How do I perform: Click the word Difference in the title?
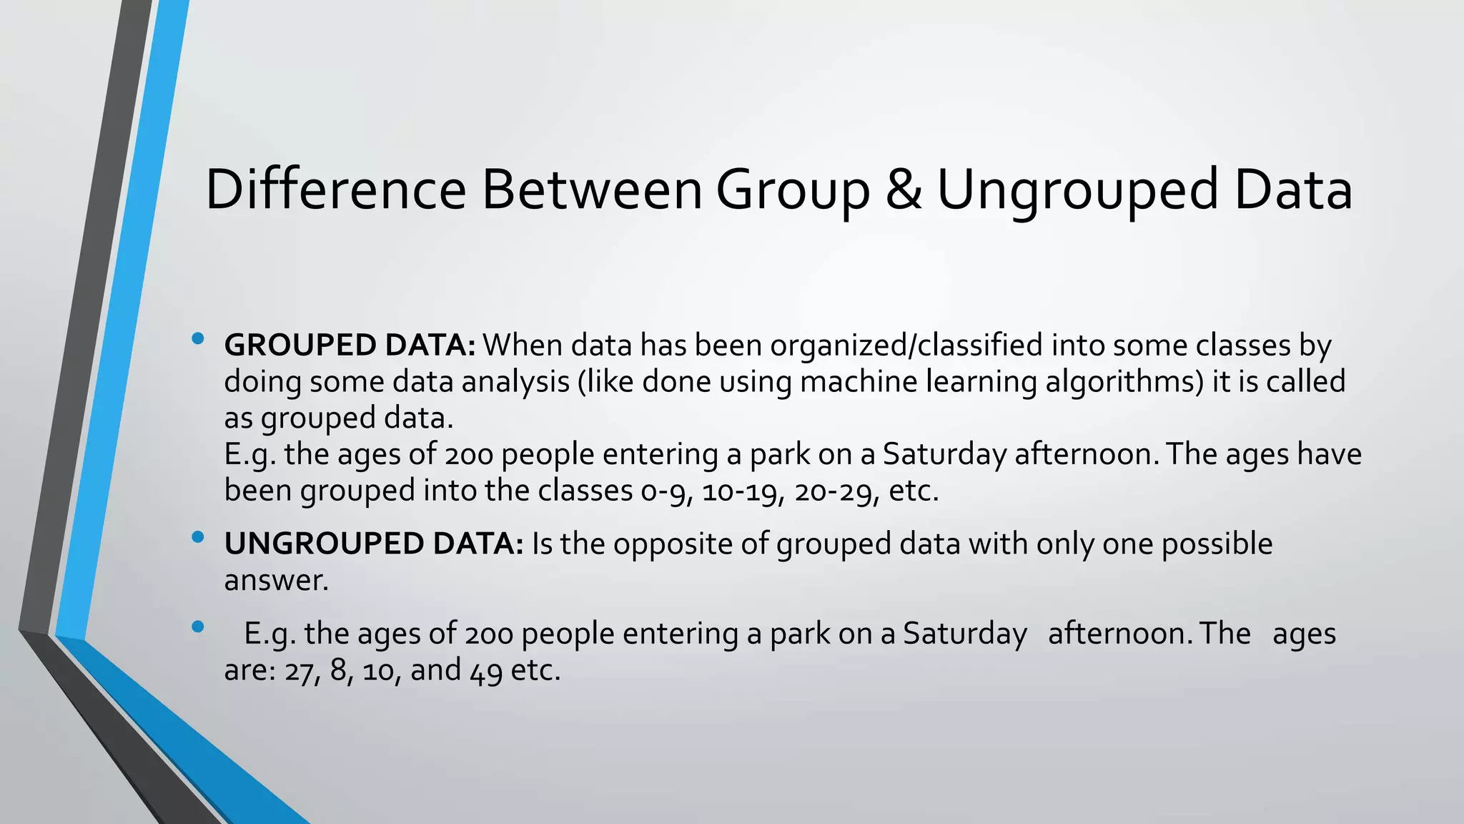tap(335, 190)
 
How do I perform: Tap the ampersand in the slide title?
tap(904, 190)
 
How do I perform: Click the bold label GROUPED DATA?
tap(350, 345)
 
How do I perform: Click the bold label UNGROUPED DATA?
tap(374, 544)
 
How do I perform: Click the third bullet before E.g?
tap(198, 627)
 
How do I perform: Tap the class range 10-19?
tap(739, 491)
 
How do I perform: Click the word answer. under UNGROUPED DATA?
tap(276, 580)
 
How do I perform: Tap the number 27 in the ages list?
tap(297, 672)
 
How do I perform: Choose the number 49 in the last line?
tap(485, 672)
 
